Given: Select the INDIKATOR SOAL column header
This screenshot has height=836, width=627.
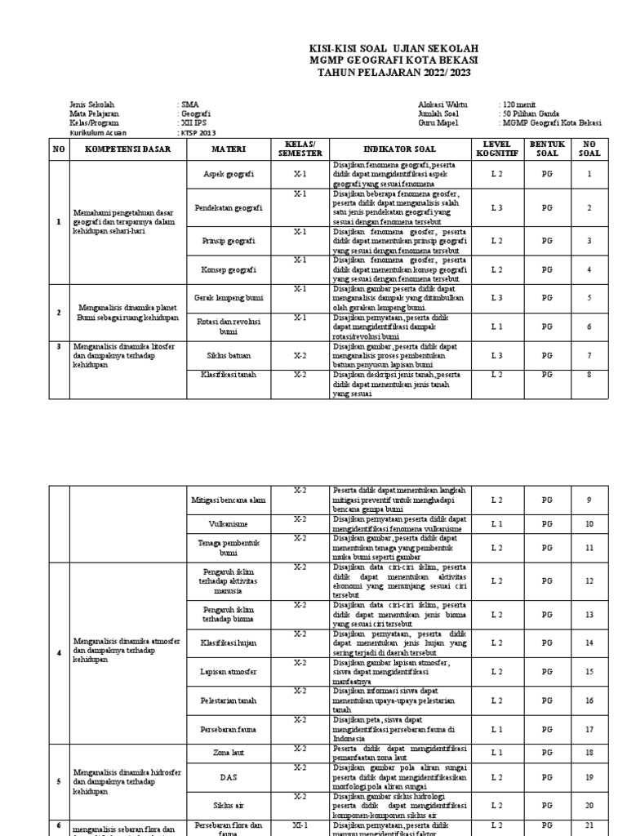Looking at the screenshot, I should coord(400,150).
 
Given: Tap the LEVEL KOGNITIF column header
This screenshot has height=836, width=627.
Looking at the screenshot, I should coord(496,149).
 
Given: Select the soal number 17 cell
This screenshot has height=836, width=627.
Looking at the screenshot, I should coord(589,729).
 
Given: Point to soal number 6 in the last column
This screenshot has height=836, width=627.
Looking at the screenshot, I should coord(589,327).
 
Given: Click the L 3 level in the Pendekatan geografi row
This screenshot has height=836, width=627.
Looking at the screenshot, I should coord(496,208).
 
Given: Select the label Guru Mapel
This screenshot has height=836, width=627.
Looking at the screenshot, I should coord(438,123).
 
